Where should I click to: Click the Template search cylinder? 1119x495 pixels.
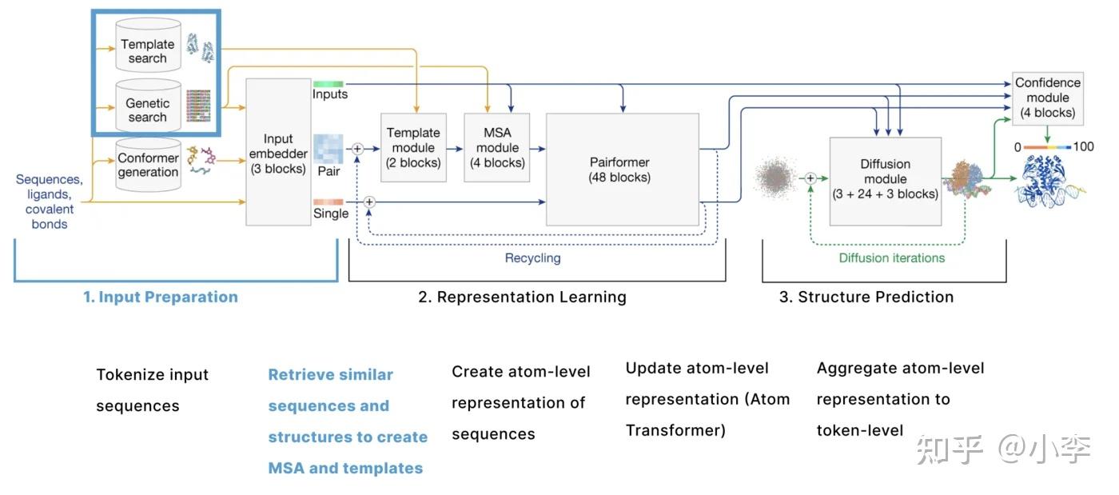(148, 46)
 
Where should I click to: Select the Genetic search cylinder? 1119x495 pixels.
(148, 106)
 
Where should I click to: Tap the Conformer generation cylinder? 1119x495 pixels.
(148, 165)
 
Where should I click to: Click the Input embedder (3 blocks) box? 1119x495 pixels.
(278, 152)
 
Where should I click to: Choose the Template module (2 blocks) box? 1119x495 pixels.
(413, 147)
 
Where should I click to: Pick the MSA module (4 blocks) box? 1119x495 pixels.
(497, 147)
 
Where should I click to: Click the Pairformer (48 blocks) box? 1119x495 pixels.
(623, 170)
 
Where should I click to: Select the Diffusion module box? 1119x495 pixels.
(886, 182)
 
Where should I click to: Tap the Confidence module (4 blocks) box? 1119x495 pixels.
(1048, 98)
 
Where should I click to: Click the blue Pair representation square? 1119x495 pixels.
(329, 149)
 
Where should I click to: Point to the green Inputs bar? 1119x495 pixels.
(329, 84)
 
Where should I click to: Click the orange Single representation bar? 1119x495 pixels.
(329, 202)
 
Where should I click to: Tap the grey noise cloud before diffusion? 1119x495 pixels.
(775, 178)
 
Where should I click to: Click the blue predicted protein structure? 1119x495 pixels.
(1048, 181)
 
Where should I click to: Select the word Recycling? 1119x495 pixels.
(532, 258)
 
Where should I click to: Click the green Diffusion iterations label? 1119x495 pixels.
(892, 258)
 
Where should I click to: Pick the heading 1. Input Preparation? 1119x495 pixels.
(161, 297)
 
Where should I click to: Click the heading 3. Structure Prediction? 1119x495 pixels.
(866, 297)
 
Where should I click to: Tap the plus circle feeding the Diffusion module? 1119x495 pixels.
(810, 178)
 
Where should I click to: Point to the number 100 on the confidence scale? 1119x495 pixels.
(1083, 146)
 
